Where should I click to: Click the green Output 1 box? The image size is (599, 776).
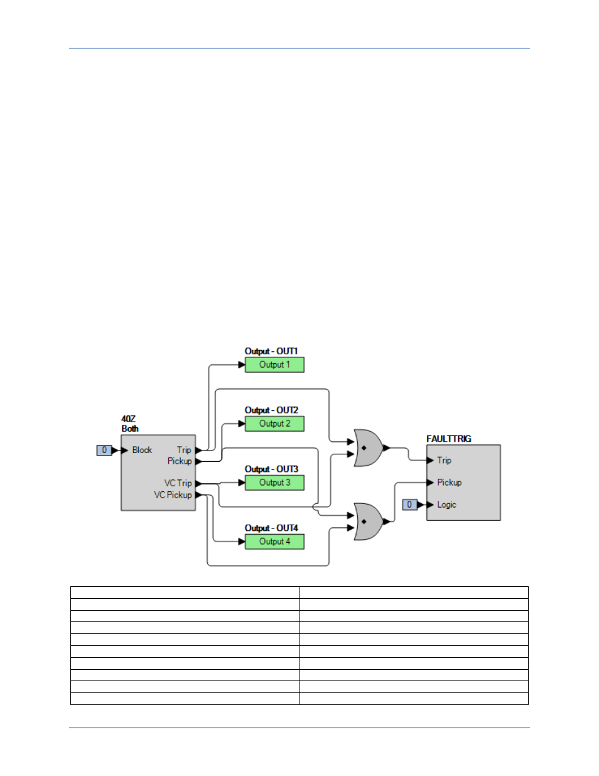point(274,365)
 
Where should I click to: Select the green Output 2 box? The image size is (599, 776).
point(274,424)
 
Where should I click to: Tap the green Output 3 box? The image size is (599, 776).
point(274,483)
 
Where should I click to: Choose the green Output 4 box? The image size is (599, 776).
point(274,542)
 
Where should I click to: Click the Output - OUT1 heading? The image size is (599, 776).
point(271,351)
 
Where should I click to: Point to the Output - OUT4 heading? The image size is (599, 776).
point(271,528)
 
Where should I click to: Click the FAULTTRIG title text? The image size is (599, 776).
point(448,439)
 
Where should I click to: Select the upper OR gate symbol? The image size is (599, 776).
point(368,448)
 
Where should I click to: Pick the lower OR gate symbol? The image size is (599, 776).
point(368,522)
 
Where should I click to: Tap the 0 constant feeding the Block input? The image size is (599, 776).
point(104,451)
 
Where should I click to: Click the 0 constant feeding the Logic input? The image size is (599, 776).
point(409,505)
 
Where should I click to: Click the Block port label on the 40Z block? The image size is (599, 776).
point(142,451)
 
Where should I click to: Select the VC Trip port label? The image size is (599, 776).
point(178,483)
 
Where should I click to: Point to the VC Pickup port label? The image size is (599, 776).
point(173,495)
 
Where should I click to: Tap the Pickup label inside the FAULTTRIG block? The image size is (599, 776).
point(449,483)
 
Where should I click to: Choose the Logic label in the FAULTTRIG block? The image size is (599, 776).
point(446,505)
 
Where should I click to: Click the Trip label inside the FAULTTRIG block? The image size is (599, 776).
point(444,461)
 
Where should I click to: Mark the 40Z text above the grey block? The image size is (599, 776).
point(128,419)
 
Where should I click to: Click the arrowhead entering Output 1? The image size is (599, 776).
point(242,365)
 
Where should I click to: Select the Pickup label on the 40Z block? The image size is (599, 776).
point(179,461)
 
